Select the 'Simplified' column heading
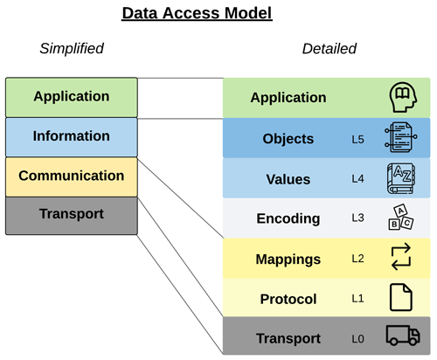(x=72, y=49)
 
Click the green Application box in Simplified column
(x=72, y=97)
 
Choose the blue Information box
(x=72, y=136)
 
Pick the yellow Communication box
(x=72, y=176)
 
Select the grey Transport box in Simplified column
(x=72, y=215)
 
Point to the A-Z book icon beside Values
(x=403, y=179)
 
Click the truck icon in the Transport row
(x=403, y=337)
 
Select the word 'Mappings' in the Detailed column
(x=288, y=260)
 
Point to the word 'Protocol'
(x=288, y=299)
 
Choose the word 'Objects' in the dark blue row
(x=288, y=139)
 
